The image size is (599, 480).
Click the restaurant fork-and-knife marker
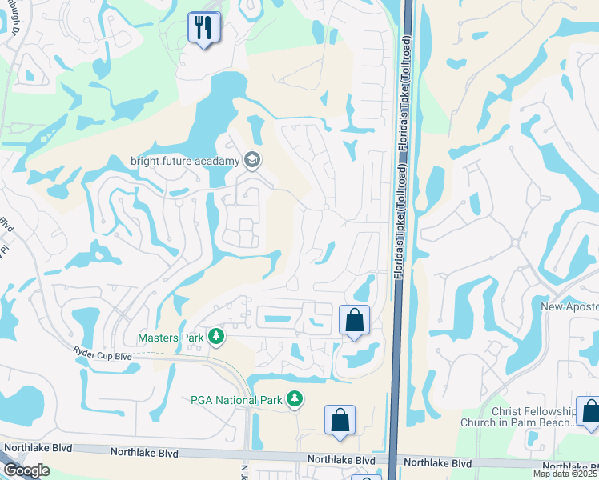coord(203,29)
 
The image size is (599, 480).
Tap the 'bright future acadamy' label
coord(185,161)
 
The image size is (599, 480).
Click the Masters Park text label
coord(171,338)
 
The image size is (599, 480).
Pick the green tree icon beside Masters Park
coord(215,338)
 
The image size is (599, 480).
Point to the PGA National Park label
coord(238,398)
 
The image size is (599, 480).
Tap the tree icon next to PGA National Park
coord(295,398)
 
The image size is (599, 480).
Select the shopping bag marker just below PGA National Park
coord(340,420)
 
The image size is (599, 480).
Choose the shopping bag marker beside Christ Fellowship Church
coord(590,413)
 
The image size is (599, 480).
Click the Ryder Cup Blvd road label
coord(103,355)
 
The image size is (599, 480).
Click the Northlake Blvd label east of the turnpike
coord(437,462)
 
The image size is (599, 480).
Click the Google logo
coord(26,470)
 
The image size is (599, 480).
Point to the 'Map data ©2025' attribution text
coord(565,474)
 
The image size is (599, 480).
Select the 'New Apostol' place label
coord(569,306)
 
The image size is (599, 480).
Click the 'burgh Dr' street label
coord(13,25)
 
